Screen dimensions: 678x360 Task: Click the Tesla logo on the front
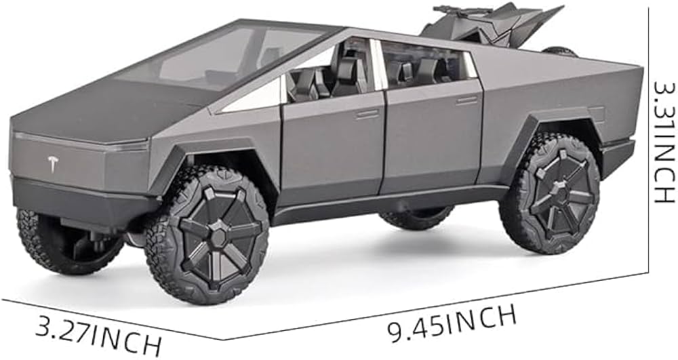point(53,164)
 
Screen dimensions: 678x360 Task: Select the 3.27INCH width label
point(98,334)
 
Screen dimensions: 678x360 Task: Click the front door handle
point(367,114)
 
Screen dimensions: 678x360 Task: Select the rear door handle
point(466,101)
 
